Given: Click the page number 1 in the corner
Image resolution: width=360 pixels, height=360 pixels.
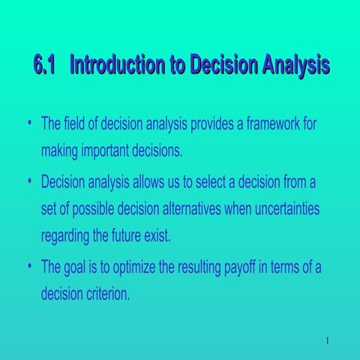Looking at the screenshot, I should pyautogui.click(x=328, y=343).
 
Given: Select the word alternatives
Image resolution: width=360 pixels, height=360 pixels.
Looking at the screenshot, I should pyautogui.click(x=210, y=209).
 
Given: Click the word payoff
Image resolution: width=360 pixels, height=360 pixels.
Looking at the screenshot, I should pyautogui.click(x=229, y=267).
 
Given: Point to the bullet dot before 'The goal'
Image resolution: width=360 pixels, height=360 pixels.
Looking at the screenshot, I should pyautogui.click(x=28, y=267).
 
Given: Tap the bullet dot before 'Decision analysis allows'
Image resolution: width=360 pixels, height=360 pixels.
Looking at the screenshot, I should pyautogui.click(x=28, y=181).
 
